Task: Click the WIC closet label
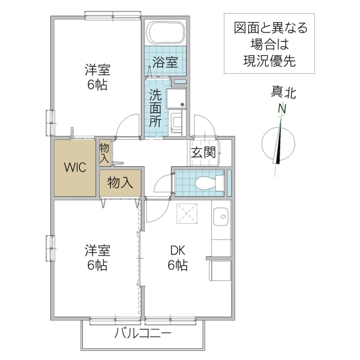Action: click(x=76, y=167)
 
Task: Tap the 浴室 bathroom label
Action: click(x=164, y=61)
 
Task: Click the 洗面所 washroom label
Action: click(x=155, y=108)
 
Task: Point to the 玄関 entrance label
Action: click(x=203, y=152)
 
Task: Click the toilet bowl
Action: click(x=208, y=182)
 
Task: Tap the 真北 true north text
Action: click(x=283, y=93)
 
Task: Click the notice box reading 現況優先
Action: click(x=269, y=44)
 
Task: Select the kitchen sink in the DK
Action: click(x=221, y=217)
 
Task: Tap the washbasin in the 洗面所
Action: click(x=178, y=124)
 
